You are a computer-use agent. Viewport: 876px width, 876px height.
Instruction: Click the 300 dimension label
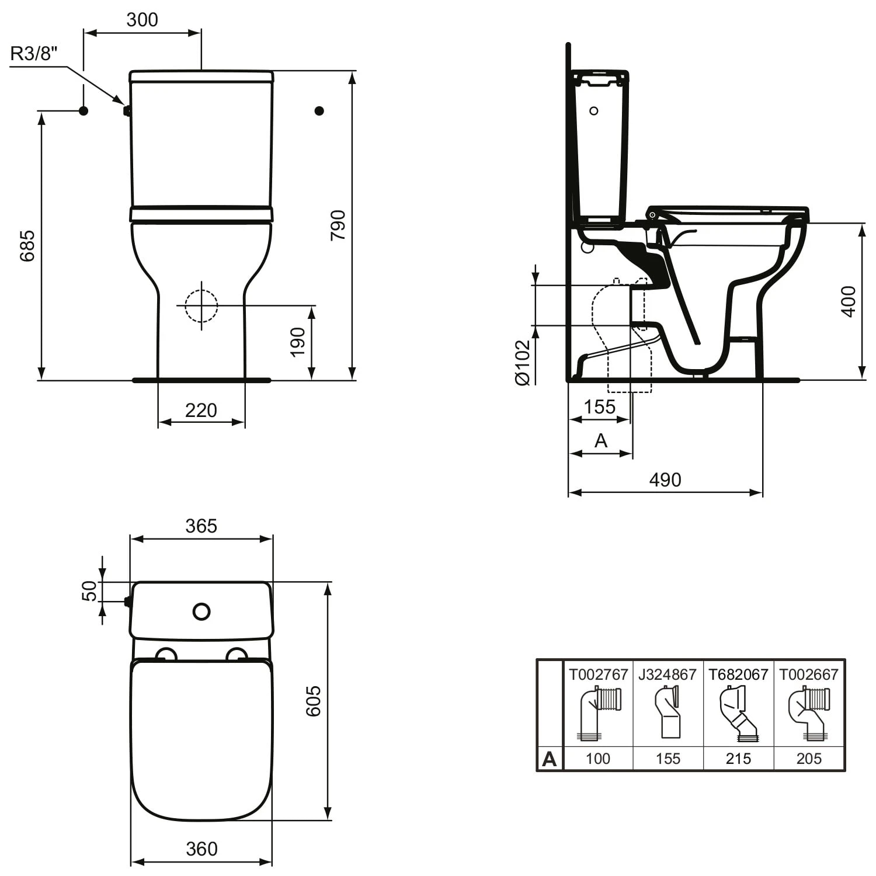[142, 20]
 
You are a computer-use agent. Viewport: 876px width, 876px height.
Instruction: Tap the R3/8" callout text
[35, 54]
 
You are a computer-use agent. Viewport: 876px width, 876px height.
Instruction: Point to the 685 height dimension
[27, 246]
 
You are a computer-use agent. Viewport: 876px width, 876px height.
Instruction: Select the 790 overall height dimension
[338, 225]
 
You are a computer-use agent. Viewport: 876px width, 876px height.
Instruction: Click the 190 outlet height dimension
[298, 342]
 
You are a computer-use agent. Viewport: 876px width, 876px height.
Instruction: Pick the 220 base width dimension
[201, 410]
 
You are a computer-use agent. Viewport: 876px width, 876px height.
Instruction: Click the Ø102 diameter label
[523, 363]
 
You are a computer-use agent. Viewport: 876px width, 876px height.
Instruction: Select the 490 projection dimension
[665, 479]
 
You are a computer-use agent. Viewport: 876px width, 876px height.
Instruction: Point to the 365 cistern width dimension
[201, 526]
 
